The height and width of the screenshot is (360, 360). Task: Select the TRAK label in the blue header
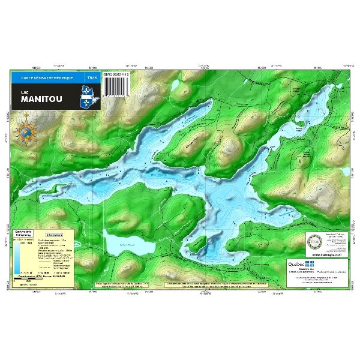91,78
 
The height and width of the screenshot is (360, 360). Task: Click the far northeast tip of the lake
329,86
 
